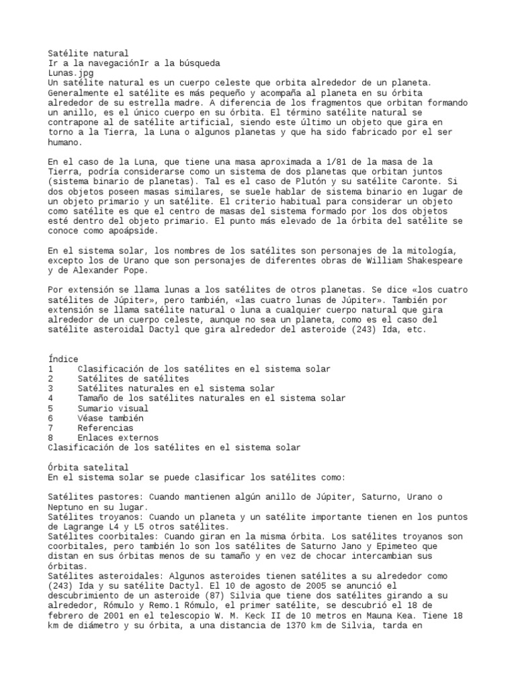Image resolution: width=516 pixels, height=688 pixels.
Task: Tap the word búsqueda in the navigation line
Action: point(198,62)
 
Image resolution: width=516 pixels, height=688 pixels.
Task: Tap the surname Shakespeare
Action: point(434,261)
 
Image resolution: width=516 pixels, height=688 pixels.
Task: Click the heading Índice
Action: point(63,359)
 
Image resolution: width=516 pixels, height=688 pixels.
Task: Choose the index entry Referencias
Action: point(105,427)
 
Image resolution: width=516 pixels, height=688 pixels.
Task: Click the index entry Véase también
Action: point(110,418)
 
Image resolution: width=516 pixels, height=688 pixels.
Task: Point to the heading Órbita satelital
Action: point(88,467)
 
